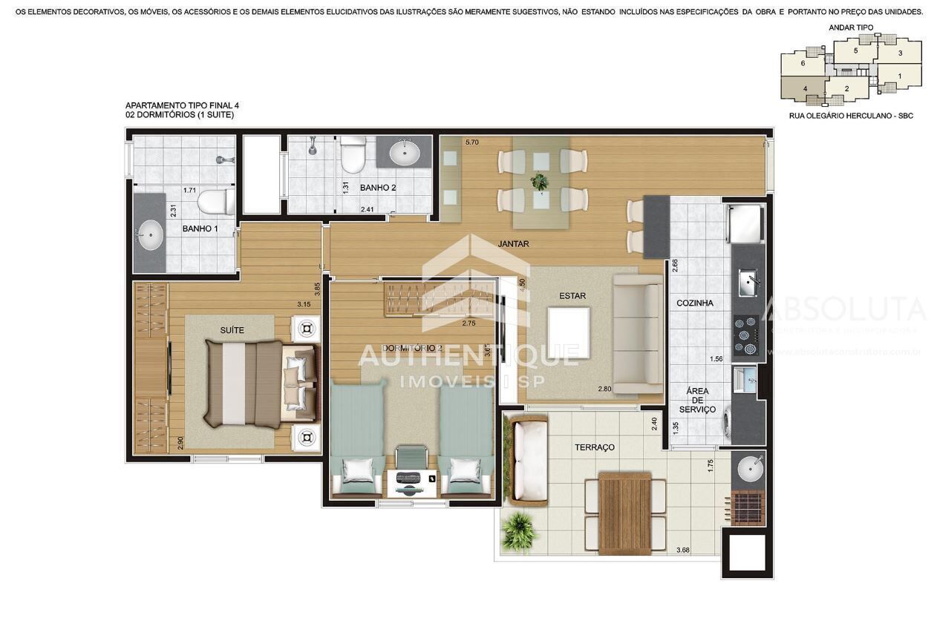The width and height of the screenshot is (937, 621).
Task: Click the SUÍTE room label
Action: point(232,330)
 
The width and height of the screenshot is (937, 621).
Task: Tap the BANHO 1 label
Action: point(200,229)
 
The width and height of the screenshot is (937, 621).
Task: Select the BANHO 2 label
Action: point(378,188)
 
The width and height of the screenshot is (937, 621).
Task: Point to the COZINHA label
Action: point(695,303)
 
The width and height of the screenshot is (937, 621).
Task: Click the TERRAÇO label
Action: point(595,447)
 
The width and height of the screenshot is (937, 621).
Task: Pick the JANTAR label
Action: point(513,243)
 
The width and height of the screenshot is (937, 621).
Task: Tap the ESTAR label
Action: point(572,296)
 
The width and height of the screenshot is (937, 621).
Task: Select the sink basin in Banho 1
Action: point(151,235)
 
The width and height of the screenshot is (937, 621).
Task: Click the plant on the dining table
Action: point(540,181)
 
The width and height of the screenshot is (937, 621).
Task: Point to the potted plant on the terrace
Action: point(519,531)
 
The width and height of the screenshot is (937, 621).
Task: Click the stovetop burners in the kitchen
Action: point(747,335)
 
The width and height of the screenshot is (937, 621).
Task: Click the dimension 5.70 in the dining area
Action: point(472,142)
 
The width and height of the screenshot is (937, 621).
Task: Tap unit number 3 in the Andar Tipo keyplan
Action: point(900,53)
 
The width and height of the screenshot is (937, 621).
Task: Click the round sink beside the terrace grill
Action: point(748,468)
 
